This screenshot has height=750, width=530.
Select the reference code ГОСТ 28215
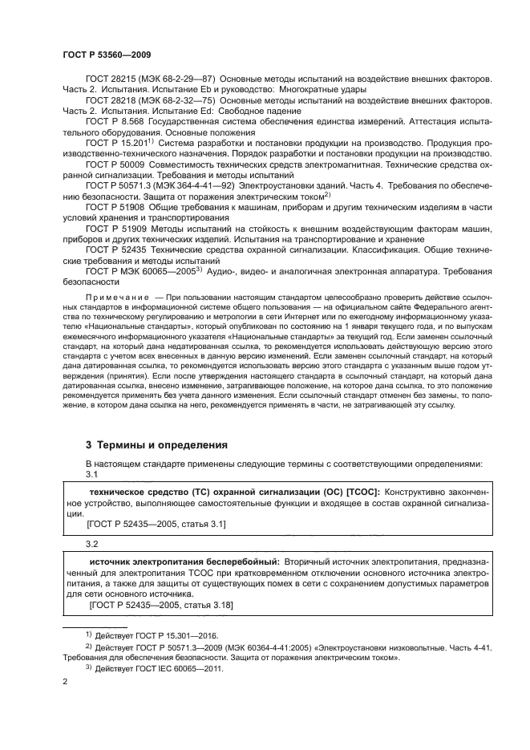[x=109, y=80]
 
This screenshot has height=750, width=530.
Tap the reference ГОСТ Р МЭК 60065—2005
[x=138, y=270]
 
